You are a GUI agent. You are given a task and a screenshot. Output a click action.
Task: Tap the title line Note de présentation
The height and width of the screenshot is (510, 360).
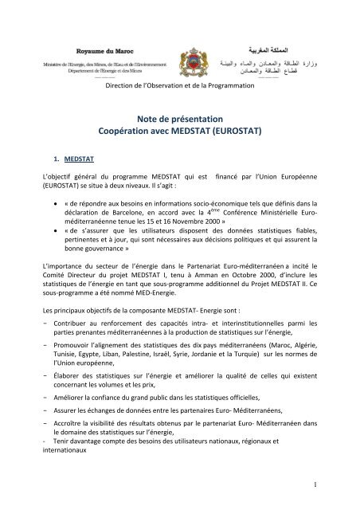click(x=181, y=121)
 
